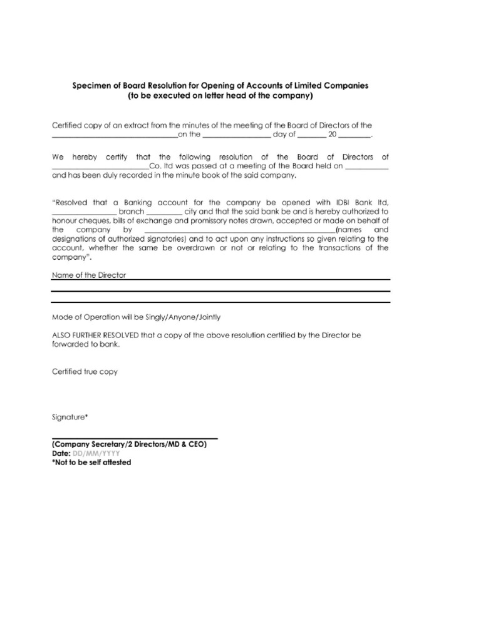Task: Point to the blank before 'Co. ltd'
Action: tap(100, 167)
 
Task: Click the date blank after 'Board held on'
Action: tap(367, 167)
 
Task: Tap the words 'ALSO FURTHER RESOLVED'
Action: tap(95, 336)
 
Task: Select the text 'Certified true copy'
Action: tap(85, 372)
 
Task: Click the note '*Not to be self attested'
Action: tap(91, 462)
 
